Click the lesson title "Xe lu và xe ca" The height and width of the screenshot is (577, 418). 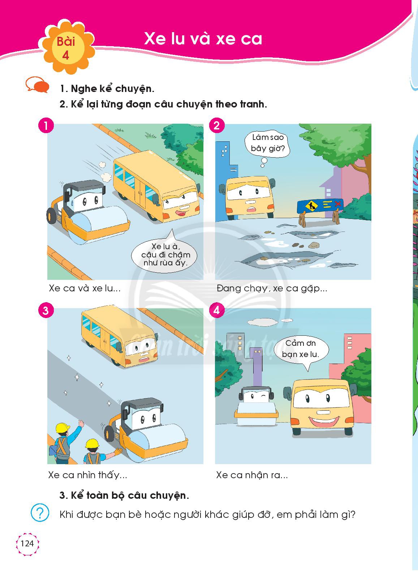[x=203, y=39]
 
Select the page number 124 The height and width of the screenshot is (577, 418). [x=27, y=543]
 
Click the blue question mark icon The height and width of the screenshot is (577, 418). [x=40, y=513]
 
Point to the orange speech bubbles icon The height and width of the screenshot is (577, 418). [x=37, y=84]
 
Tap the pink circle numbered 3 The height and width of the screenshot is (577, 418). [x=46, y=310]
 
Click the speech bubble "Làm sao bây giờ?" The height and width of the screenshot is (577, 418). [x=267, y=143]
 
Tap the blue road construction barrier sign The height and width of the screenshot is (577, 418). [x=320, y=206]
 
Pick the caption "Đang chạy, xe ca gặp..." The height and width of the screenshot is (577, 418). [x=272, y=288]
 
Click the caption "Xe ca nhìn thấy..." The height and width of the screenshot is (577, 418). [x=87, y=475]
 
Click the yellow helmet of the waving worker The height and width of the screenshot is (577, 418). [x=63, y=428]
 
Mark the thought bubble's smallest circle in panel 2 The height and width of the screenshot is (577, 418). [x=262, y=166]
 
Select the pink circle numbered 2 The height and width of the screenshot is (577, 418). [x=217, y=125]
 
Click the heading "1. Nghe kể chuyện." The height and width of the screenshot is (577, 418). [x=107, y=89]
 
